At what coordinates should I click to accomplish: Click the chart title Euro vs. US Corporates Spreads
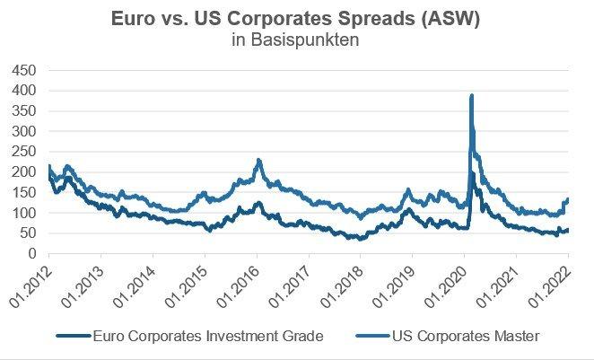(296, 19)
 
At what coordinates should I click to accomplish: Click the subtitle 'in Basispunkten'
(296, 40)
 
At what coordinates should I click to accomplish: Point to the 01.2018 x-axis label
(344, 280)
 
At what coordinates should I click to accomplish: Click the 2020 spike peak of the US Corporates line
(471, 95)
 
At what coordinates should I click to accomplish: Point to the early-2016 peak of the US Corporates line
(258, 160)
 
